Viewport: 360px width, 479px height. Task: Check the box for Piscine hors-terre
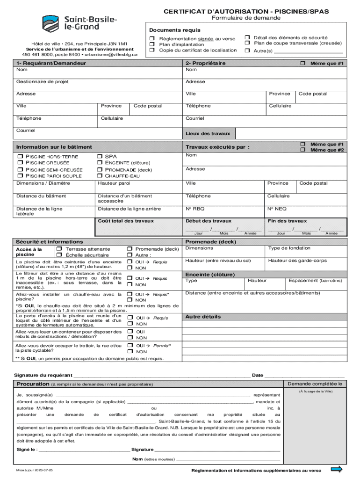coord(20,157)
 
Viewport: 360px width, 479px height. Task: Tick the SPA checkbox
coord(100,157)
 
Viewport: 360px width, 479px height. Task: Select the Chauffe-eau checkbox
coord(100,176)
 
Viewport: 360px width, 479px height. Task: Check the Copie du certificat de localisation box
coord(152,50)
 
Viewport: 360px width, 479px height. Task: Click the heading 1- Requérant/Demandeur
coord(51,63)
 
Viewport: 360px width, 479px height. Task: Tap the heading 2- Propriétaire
coord(205,63)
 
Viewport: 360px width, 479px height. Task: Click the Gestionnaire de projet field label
coord(42,81)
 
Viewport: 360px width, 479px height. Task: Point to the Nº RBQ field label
coord(195,209)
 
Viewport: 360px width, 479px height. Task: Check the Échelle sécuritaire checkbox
coord(59,255)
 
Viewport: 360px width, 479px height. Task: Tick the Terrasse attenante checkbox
coord(59,249)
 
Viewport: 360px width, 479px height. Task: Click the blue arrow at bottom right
coord(336,469)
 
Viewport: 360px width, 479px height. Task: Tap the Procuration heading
coord(33,384)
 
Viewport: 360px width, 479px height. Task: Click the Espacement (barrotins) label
coord(315,281)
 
